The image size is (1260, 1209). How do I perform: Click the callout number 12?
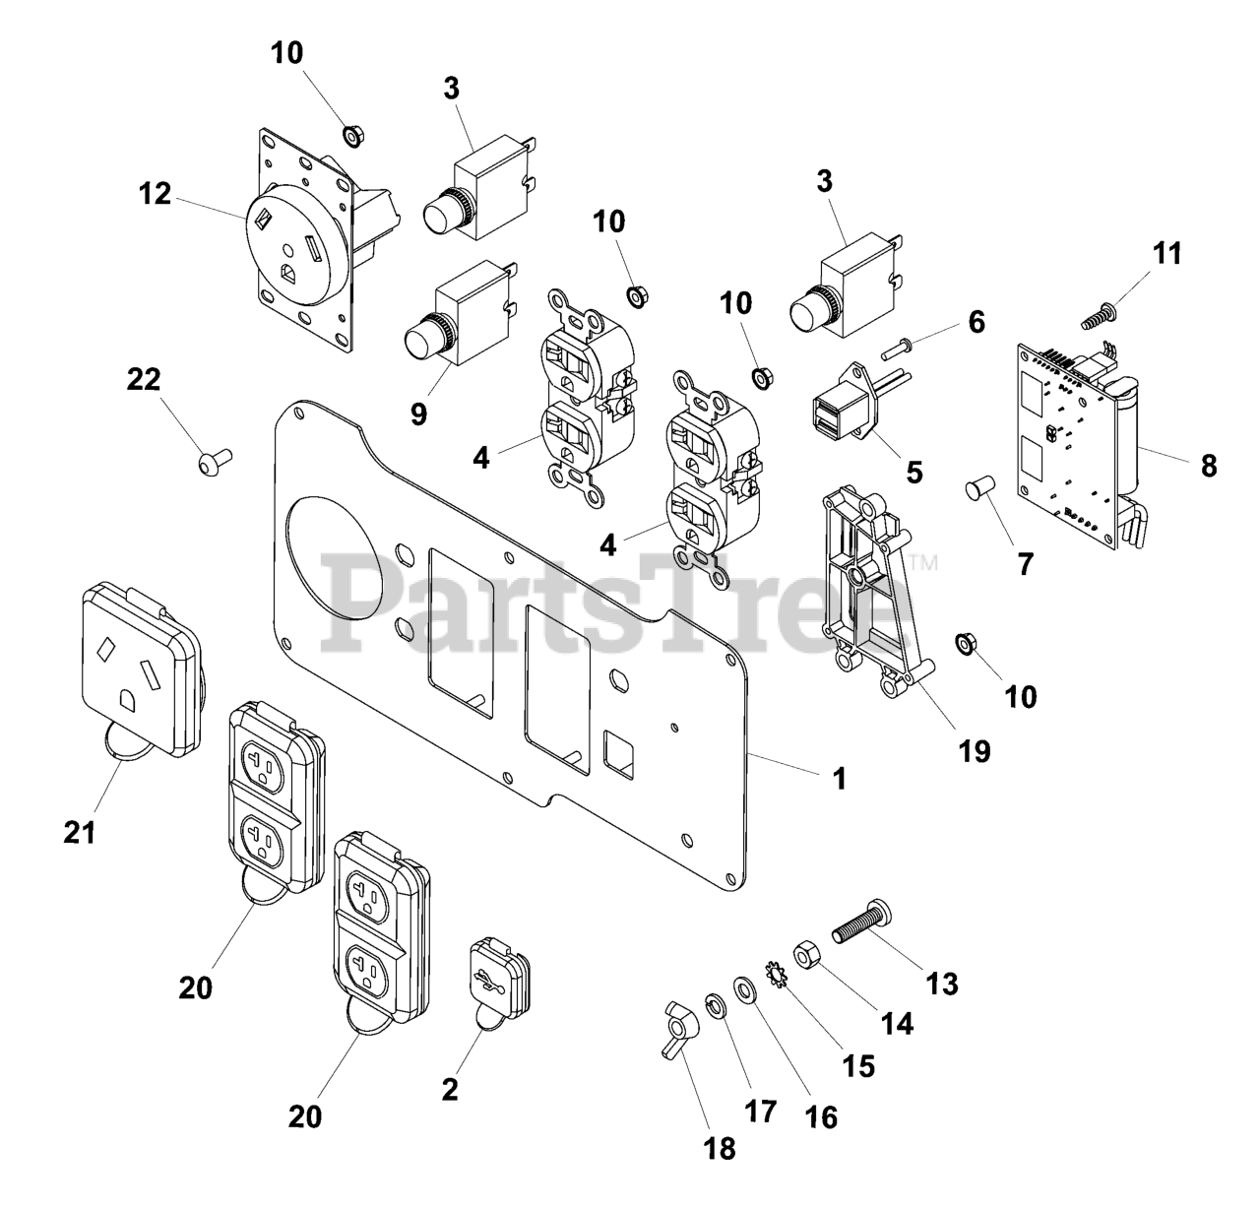click(x=154, y=194)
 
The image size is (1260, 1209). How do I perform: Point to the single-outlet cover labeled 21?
click(x=143, y=669)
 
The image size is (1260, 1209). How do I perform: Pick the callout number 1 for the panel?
click(x=839, y=778)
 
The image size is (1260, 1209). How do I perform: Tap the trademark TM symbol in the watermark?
click(x=925, y=564)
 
